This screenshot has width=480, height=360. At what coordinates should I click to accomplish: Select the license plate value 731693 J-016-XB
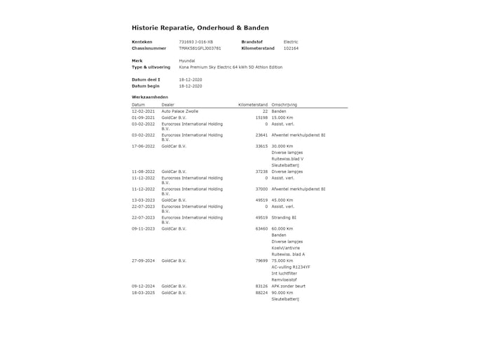[x=196, y=42]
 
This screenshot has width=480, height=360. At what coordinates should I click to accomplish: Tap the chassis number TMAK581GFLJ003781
[x=200, y=48]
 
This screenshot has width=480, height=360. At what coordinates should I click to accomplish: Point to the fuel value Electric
[x=290, y=42]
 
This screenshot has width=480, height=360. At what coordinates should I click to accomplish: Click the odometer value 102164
[x=290, y=48]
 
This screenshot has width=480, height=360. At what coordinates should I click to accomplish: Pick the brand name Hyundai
[x=187, y=61]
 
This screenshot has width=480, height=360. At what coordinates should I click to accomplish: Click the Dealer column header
[x=168, y=104]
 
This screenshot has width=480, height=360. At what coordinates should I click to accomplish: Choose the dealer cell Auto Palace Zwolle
[x=179, y=111]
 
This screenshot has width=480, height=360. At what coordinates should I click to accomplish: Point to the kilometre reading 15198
[x=261, y=118]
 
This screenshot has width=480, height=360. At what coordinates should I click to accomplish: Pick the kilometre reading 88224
[x=261, y=292]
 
